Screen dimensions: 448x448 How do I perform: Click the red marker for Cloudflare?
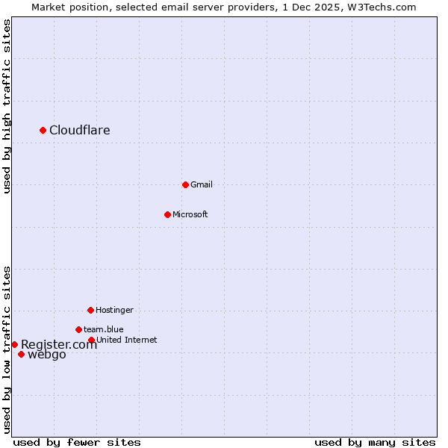[x=43, y=131]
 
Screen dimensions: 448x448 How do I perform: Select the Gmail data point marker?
[x=185, y=184]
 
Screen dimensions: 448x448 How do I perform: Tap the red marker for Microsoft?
[x=167, y=215]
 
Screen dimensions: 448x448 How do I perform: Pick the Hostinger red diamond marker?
[x=90, y=310]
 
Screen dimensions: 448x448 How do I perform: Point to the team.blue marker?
[x=78, y=329]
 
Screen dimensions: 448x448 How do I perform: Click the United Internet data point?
[x=91, y=340]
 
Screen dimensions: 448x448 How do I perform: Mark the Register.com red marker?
[x=14, y=344]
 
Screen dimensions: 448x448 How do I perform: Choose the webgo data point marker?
[x=21, y=355]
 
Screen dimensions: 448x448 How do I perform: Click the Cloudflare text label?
[x=80, y=131]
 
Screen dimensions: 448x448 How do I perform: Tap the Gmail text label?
[x=202, y=184]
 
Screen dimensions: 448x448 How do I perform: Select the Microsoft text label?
[x=190, y=215]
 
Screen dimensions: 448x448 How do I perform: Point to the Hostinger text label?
[x=114, y=310]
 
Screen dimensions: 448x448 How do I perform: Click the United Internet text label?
[x=127, y=340]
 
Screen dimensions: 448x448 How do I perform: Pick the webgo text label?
[x=47, y=355]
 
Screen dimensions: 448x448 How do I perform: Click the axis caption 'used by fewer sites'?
[x=77, y=443]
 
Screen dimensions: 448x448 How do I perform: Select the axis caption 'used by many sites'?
[x=375, y=443]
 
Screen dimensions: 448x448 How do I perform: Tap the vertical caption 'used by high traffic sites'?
[x=7, y=107]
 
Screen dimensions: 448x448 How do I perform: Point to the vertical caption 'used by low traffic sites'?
[x=7, y=349]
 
